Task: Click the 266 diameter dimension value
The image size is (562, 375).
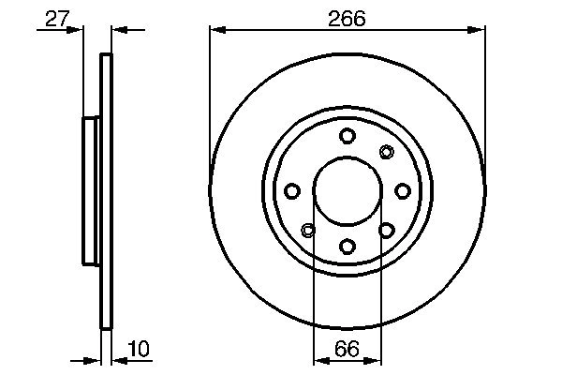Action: (x=347, y=17)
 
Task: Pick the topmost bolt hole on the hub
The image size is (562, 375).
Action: (x=347, y=136)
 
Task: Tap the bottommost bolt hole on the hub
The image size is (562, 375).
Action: (x=347, y=246)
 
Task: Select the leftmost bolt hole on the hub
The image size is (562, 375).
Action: (x=292, y=191)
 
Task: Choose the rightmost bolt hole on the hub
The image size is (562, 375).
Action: (x=402, y=191)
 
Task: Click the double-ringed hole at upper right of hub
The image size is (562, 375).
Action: (x=386, y=152)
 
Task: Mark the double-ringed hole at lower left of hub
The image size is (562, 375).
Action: (x=308, y=230)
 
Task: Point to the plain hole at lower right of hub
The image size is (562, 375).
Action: (x=386, y=230)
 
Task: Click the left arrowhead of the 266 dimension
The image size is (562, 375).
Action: (x=216, y=31)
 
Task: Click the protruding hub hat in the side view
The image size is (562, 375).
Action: (x=91, y=190)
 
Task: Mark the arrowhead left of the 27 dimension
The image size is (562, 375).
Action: (x=78, y=31)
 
